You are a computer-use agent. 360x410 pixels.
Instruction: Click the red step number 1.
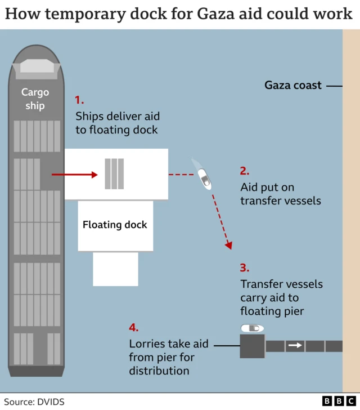click(x=79, y=100)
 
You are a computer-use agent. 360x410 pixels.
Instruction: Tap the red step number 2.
click(x=245, y=171)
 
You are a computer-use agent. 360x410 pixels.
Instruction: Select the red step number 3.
click(x=245, y=268)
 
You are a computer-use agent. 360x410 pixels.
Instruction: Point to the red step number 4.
click(x=133, y=328)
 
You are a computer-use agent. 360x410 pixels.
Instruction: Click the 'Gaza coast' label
click(x=293, y=86)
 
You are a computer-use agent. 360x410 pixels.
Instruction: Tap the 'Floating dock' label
click(x=115, y=225)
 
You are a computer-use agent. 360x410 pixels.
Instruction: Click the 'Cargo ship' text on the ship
click(x=35, y=99)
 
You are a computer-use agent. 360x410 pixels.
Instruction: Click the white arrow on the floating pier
click(x=294, y=346)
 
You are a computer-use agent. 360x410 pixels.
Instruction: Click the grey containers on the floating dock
click(x=114, y=174)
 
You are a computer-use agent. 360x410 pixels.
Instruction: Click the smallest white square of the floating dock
click(x=115, y=269)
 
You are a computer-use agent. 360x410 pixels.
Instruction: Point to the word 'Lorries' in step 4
click(x=147, y=344)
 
